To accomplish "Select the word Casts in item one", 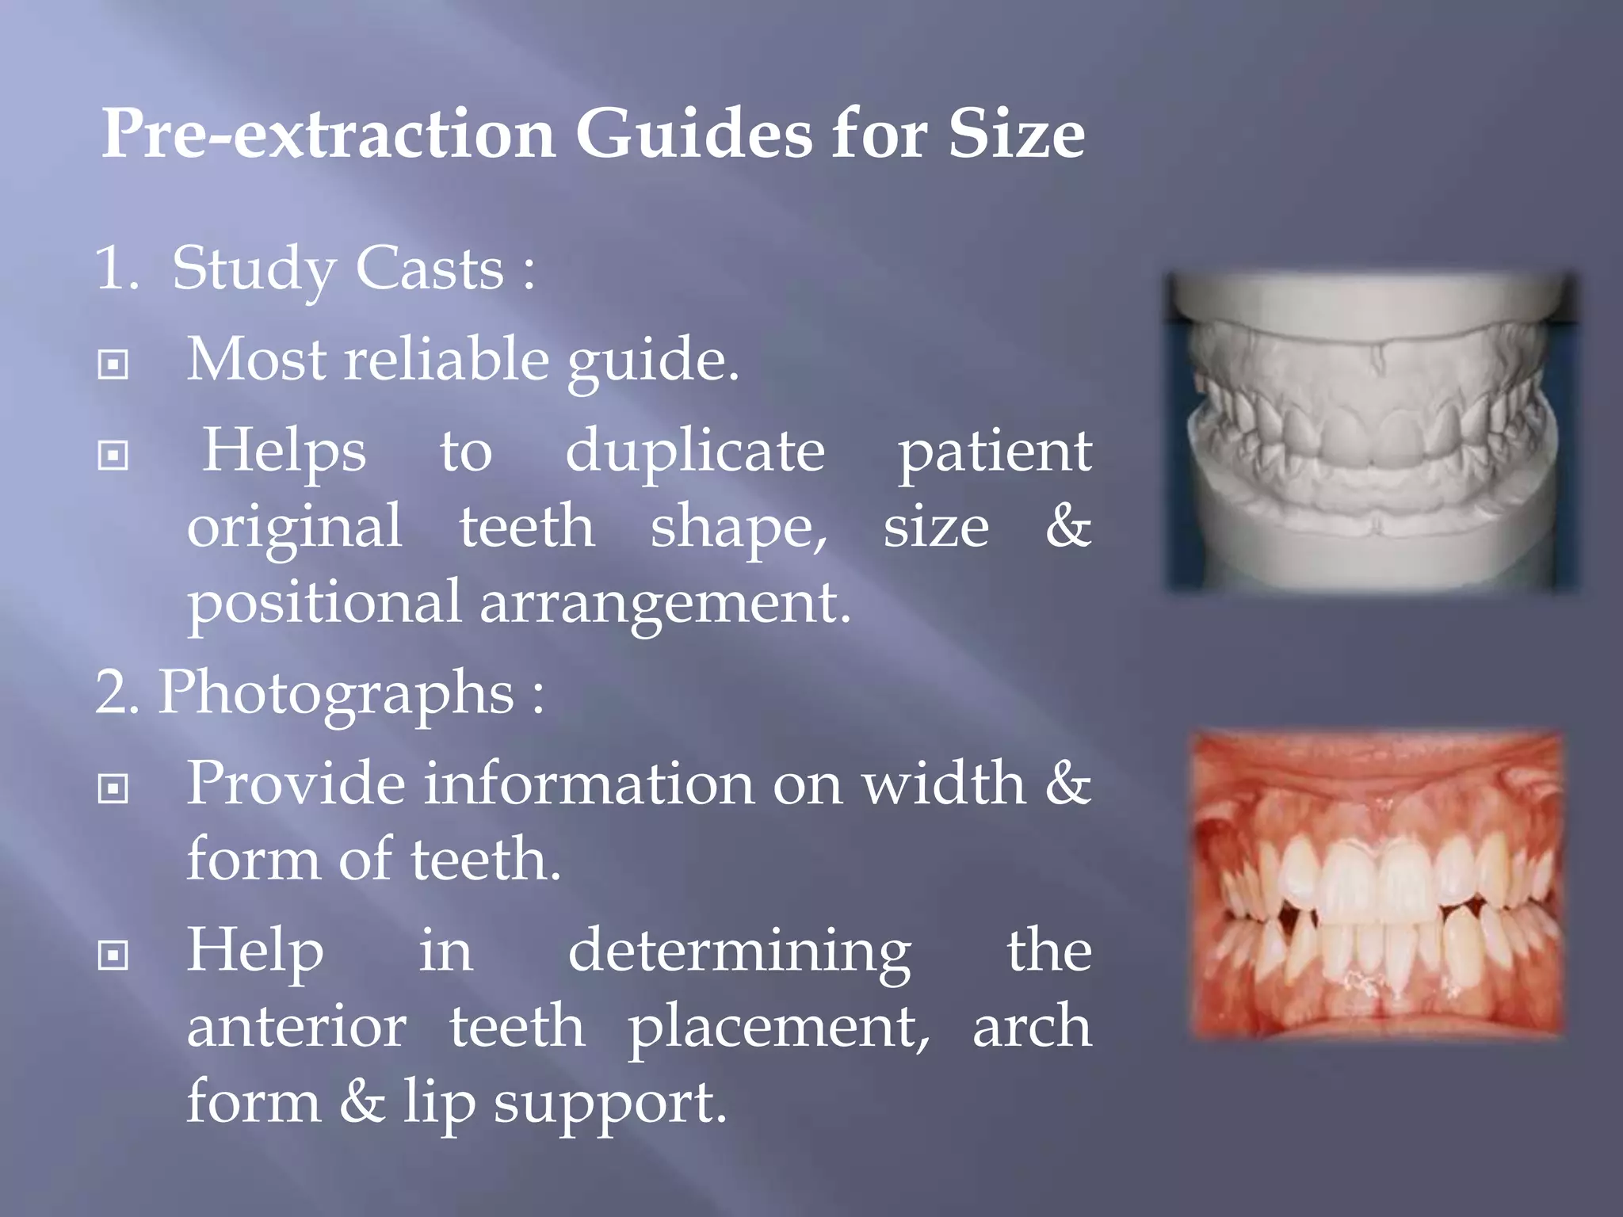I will [x=429, y=269].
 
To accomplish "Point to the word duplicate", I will [x=695, y=451].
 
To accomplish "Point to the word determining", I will [x=739, y=952].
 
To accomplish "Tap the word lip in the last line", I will [x=439, y=1102].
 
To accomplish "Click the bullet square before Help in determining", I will [x=113, y=956].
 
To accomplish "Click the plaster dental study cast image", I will [x=1371, y=432].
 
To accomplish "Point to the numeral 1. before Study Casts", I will [x=117, y=269].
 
